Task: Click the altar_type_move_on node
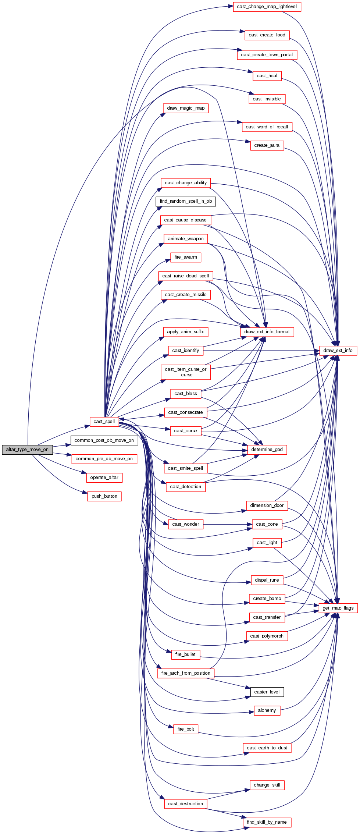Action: [27, 450]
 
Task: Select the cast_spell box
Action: [104, 422]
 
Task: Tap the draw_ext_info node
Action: [338, 351]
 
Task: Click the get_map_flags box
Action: [338, 608]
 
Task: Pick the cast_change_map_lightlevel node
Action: [267, 7]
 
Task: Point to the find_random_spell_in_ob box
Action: [186, 201]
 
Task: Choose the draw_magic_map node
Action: [186, 108]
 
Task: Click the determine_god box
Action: [267, 450]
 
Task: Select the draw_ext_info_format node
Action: [267, 332]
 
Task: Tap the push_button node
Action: [104, 496]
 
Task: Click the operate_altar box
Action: [104, 478]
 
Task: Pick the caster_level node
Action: [267, 692]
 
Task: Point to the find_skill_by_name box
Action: [267, 822]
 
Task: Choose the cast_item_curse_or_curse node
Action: [186, 372]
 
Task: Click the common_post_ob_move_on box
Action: [104, 440]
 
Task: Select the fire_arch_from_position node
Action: [186, 673]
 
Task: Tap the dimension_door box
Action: [267, 505]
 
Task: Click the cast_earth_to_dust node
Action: [267, 748]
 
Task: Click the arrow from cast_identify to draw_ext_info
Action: [261, 351]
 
